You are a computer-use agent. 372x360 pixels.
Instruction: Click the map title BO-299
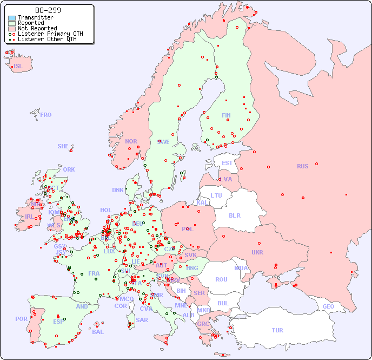(48, 10)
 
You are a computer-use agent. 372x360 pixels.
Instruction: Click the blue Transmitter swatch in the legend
(12, 17)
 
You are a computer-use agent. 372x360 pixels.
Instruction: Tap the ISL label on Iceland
(18, 67)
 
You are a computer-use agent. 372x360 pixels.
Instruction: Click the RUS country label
(302, 166)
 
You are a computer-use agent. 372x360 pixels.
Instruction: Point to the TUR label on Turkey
(277, 330)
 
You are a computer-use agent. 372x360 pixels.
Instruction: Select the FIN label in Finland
(226, 115)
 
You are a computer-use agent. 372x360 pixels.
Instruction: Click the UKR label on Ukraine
(257, 252)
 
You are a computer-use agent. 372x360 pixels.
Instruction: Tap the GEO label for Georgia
(328, 306)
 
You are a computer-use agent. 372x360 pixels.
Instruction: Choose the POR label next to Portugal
(21, 319)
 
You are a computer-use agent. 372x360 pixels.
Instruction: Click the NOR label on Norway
(131, 141)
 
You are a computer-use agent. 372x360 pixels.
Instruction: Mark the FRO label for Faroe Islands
(46, 115)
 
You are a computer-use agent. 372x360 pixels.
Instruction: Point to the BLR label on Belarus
(234, 215)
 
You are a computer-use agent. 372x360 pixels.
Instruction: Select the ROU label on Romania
(221, 279)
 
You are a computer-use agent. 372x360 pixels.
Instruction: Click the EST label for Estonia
(227, 163)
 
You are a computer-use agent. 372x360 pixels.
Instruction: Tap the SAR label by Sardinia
(142, 319)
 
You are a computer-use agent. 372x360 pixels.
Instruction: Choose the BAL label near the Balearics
(97, 332)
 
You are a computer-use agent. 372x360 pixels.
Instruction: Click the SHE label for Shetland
(63, 146)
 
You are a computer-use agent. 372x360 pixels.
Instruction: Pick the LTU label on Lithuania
(216, 195)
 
